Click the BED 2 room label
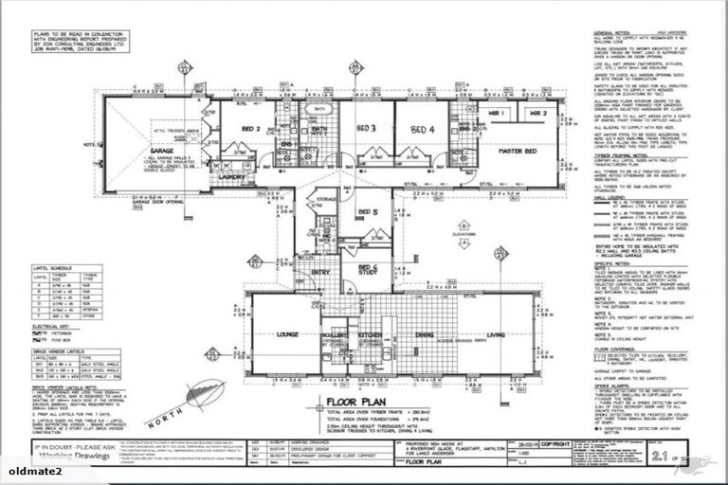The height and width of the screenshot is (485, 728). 251,128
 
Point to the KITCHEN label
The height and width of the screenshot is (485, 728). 370,334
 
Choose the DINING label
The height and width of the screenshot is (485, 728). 426,334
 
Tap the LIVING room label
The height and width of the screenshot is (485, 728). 496,334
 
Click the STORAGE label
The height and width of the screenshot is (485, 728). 327,199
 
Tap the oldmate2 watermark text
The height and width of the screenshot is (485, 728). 30,468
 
